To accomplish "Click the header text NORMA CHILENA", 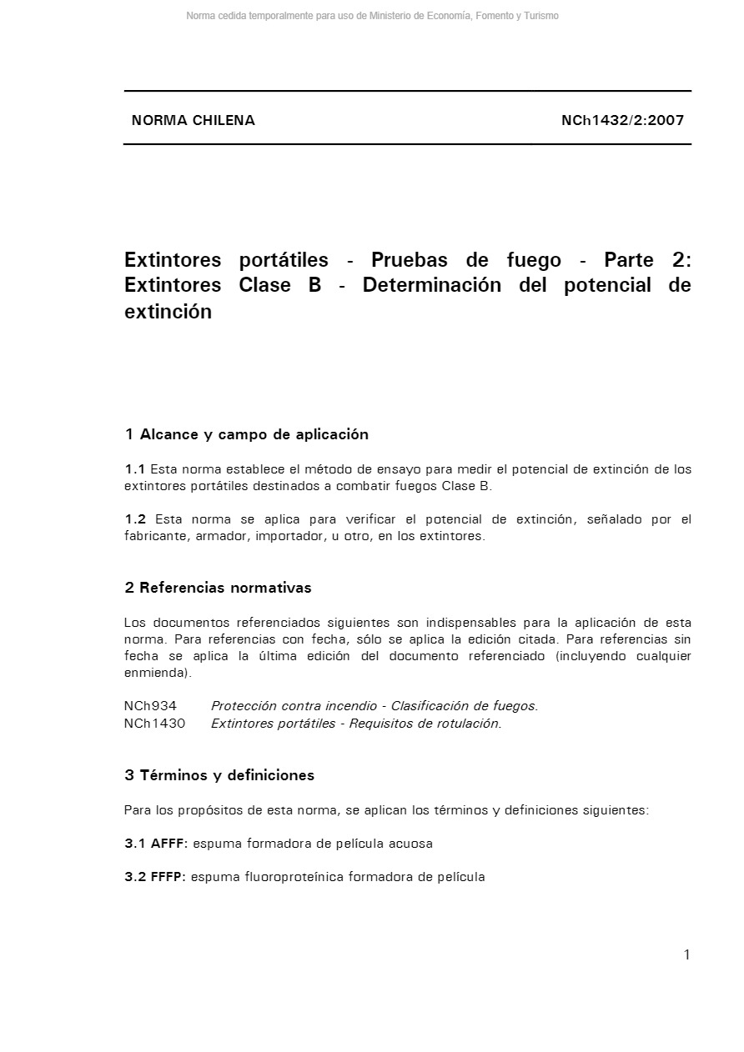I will pos(193,120).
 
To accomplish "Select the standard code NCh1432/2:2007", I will pos(622,120).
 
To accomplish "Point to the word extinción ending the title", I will pos(168,312).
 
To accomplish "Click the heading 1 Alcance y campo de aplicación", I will pos(246,434).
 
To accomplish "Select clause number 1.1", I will pos(135,469).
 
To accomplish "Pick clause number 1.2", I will pos(135,519).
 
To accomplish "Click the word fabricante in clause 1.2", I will pos(156,536).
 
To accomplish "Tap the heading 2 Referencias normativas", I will pos(218,588).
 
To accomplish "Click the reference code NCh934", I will pos(150,706).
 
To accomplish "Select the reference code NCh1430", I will pos(154,723).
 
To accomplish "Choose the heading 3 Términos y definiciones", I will pos(219,775).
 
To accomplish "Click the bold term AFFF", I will pos(169,844).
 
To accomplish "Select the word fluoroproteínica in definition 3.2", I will pos(294,877).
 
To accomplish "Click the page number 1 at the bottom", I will pos(686,955).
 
